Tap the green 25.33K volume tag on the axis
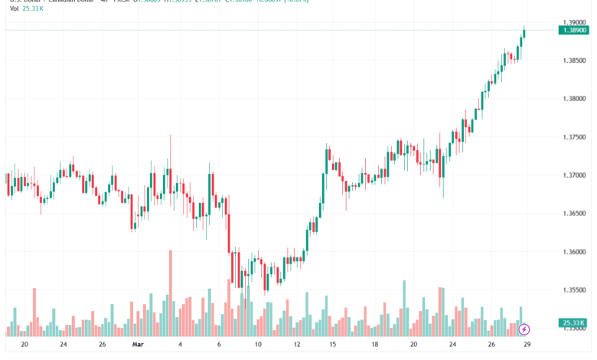point(573,322)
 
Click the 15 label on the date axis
point(333,344)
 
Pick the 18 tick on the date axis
point(374,344)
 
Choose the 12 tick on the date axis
point(295,344)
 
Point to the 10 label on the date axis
point(259,344)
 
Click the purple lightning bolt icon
point(524,329)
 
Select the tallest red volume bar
point(170,293)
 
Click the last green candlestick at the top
point(524,34)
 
